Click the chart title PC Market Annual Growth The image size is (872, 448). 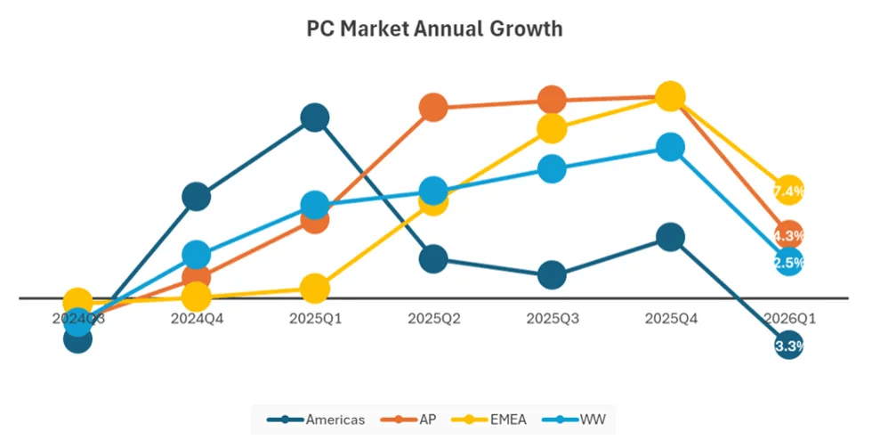point(434,29)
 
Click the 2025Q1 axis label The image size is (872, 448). point(314,318)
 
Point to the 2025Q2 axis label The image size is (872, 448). point(433,318)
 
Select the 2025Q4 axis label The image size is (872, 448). point(670,318)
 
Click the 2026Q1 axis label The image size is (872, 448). point(788,318)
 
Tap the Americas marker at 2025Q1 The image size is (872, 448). point(314,118)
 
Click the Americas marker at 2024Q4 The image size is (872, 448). point(196,196)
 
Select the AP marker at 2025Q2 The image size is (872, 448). point(433,108)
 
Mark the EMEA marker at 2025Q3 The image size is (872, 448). point(552,128)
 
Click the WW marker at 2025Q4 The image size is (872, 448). point(670,148)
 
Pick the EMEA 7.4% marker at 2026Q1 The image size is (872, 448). point(788,191)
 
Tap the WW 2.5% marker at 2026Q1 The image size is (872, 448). point(788,262)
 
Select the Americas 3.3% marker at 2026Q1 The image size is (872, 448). point(788,346)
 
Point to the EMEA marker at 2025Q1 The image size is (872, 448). point(314,288)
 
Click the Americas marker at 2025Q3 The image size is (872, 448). point(552,275)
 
